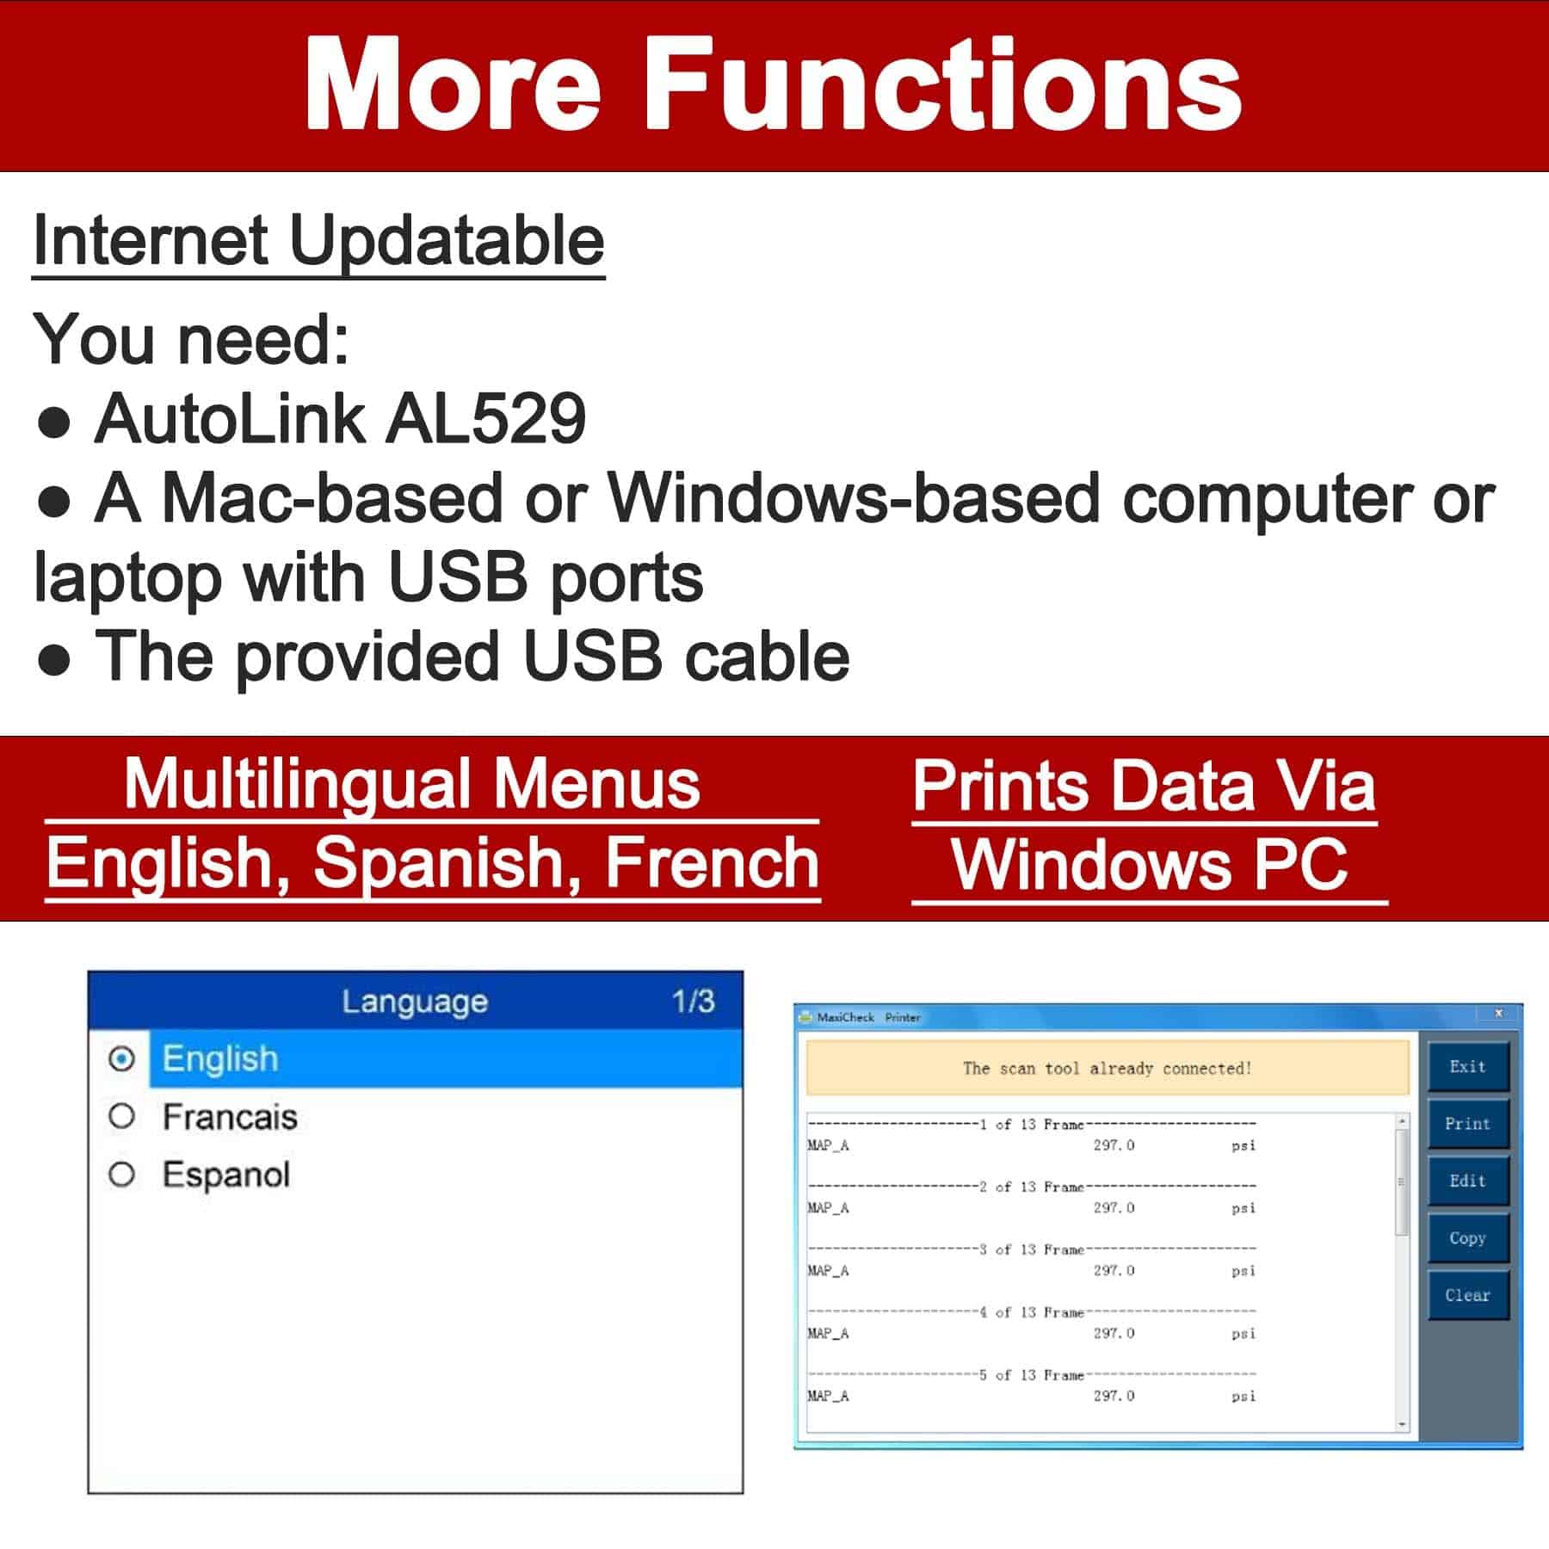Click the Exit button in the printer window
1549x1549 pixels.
point(1468,1067)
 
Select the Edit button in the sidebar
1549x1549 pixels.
point(1468,1182)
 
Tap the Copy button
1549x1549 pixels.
point(1468,1238)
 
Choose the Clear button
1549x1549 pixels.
point(1468,1295)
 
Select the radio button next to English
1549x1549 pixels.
point(122,1058)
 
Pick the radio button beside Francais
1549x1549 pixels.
point(122,1117)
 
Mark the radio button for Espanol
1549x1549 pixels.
point(122,1175)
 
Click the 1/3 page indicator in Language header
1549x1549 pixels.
point(694,1001)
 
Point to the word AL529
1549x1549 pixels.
point(485,419)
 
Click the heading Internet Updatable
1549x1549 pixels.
point(318,241)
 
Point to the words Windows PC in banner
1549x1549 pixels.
point(1149,864)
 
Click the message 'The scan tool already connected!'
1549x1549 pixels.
point(1108,1069)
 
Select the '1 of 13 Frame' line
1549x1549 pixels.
point(1032,1125)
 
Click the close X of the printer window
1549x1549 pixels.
point(1498,1014)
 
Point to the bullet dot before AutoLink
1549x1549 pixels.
point(54,423)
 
